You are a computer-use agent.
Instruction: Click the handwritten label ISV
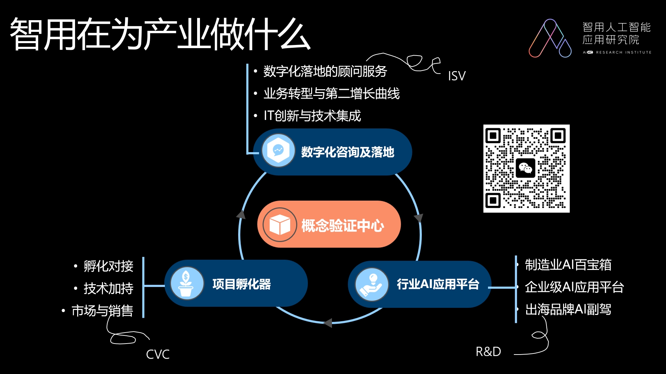(x=457, y=76)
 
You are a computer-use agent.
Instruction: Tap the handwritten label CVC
(x=158, y=354)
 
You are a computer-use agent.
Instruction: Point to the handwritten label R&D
(x=488, y=351)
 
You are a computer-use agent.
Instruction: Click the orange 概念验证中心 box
(x=329, y=224)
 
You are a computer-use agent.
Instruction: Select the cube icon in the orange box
(x=280, y=225)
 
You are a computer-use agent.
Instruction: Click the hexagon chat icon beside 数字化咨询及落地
(x=278, y=150)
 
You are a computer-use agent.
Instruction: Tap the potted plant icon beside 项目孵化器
(x=186, y=283)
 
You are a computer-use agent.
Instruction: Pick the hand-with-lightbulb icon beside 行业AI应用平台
(x=372, y=284)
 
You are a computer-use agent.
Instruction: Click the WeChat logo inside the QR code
(x=526, y=168)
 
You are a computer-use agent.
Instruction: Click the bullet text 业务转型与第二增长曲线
(x=331, y=94)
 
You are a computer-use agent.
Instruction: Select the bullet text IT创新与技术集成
(x=312, y=116)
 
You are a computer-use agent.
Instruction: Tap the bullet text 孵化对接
(x=108, y=266)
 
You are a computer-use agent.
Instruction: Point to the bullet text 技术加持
(x=108, y=288)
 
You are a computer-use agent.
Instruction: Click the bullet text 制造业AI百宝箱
(x=568, y=265)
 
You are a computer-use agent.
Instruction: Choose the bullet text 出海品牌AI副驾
(x=568, y=309)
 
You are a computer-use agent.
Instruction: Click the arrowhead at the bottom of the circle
(x=328, y=323)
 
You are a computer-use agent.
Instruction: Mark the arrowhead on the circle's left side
(x=241, y=214)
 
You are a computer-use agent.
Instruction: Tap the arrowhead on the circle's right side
(x=419, y=217)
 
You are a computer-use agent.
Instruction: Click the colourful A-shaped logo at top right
(x=550, y=38)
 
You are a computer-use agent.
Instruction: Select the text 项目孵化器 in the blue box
(x=242, y=284)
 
